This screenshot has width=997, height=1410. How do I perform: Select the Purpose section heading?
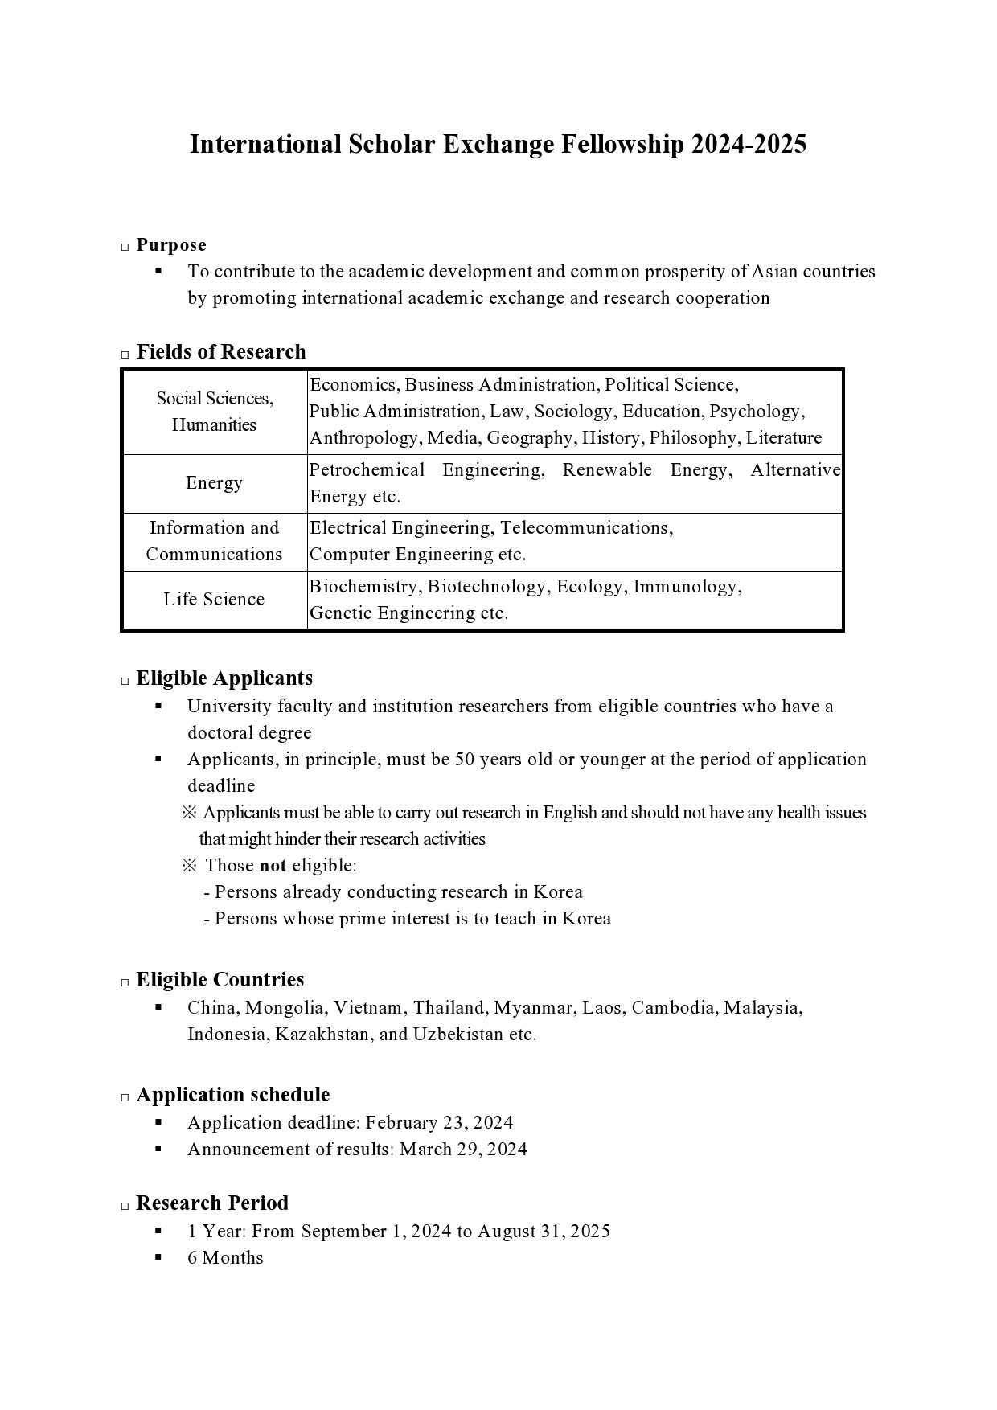(171, 245)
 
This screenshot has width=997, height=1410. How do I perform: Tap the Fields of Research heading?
(221, 352)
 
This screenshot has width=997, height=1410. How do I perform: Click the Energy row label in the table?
(214, 483)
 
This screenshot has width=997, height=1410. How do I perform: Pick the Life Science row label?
(214, 600)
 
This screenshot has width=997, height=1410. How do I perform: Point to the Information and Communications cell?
(214, 541)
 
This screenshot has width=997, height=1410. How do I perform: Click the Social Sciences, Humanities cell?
(214, 412)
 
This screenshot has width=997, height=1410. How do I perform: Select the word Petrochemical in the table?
(367, 470)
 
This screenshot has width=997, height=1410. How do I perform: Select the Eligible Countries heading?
(220, 980)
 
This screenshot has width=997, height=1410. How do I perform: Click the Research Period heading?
(212, 1203)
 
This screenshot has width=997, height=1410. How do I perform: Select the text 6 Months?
(225, 1258)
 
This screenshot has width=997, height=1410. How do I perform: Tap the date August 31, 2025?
(544, 1232)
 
